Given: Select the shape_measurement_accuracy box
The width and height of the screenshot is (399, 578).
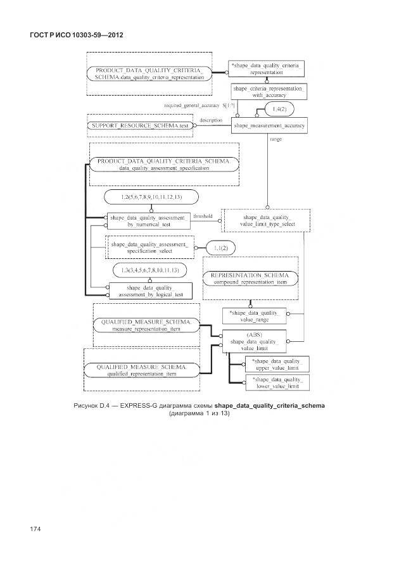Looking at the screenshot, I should [x=269, y=126].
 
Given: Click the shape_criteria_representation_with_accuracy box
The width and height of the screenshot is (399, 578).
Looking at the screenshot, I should [x=269, y=92].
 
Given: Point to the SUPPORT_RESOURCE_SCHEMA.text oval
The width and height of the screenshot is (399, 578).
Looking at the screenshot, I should [x=139, y=126].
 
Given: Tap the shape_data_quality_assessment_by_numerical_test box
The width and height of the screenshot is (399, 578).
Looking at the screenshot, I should [x=148, y=221].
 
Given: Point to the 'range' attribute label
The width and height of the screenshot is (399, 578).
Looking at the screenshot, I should [x=275, y=139].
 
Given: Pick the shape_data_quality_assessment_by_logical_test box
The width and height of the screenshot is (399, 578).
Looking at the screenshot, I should [x=146, y=291].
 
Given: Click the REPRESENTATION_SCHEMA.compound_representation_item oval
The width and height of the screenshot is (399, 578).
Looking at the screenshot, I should [x=248, y=280].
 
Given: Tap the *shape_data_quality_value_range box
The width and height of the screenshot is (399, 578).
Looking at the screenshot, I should [x=254, y=316].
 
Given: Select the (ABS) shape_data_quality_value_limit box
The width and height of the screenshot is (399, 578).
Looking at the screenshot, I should [x=253, y=341].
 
